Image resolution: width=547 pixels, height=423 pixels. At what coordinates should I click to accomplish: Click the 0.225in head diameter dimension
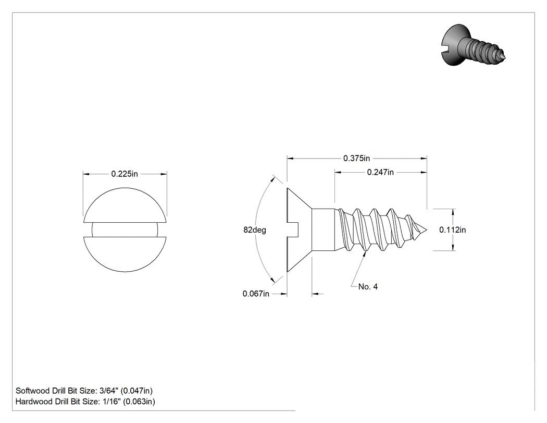click(125, 174)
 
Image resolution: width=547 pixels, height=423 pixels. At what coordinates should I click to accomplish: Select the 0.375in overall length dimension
click(356, 158)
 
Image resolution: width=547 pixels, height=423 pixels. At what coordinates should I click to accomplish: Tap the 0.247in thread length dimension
click(380, 172)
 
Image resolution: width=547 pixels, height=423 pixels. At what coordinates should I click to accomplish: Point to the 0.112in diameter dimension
click(453, 230)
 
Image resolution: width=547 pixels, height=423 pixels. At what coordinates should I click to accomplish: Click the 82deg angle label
click(255, 230)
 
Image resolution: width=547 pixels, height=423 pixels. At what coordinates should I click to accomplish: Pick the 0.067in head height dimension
click(256, 294)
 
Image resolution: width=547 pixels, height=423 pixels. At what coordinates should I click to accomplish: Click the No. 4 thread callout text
click(368, 287)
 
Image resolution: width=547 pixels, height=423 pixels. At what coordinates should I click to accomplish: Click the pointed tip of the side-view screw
click(426, 230)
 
